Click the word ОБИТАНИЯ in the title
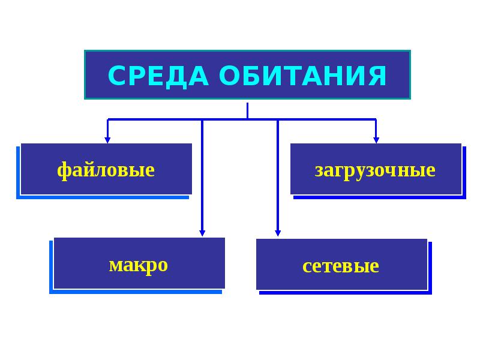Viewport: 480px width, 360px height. [x=302, y=76]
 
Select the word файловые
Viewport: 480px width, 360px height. [x=106, y=170]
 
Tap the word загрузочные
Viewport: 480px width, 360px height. [x=375, y=170]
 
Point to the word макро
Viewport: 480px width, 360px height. [x=139, y=265]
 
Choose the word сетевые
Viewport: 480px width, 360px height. [x=341, y=266]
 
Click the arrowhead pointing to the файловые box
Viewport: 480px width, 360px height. [x=107, y=140]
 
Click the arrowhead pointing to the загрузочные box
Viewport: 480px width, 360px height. [x=376, y=140]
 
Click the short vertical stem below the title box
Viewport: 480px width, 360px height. [x=247, y=110]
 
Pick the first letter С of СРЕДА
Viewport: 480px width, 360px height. [x=116, y=76]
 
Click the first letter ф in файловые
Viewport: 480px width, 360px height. [x=62, y=170]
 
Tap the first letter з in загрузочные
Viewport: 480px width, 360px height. [x=319, y=171]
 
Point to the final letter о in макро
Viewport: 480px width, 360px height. [x=163, y=265]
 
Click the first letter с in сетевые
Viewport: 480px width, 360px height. [x=307, y=266]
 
